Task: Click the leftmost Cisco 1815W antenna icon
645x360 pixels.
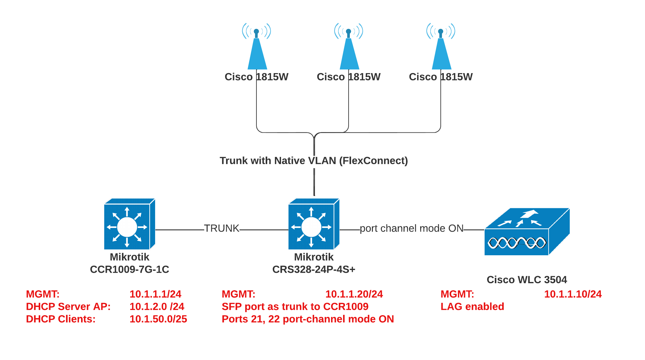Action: click(257, 49)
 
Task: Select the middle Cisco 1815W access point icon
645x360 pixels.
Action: click(349, 49)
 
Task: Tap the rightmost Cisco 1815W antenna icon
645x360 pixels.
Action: click(441, 49)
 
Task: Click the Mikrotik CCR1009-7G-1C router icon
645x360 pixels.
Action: click(129, 224)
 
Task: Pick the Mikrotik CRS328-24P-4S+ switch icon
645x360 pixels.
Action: click(314, 224)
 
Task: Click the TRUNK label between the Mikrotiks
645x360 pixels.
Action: click(221, 229)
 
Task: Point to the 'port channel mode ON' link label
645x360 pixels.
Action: click(412, 229)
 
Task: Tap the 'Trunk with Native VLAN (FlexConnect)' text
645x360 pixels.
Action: click(314, 161)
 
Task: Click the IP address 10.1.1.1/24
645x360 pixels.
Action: click(155, 294)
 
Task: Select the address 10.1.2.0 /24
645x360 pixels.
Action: click(157, 307)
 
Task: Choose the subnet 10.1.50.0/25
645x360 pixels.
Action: click(158, 319)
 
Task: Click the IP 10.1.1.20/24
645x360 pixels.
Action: click(354, 294)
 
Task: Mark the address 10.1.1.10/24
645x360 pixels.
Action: click(573, 294)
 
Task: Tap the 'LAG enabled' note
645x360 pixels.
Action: click(472, 307)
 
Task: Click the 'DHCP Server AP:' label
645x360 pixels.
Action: click(68, 307)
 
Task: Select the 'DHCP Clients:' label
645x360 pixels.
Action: click(61, 319)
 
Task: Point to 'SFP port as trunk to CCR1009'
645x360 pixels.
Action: click(295, 307)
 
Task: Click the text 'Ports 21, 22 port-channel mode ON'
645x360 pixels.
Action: click(308, 319)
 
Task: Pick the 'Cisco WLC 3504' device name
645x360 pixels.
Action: click(527, 280)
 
